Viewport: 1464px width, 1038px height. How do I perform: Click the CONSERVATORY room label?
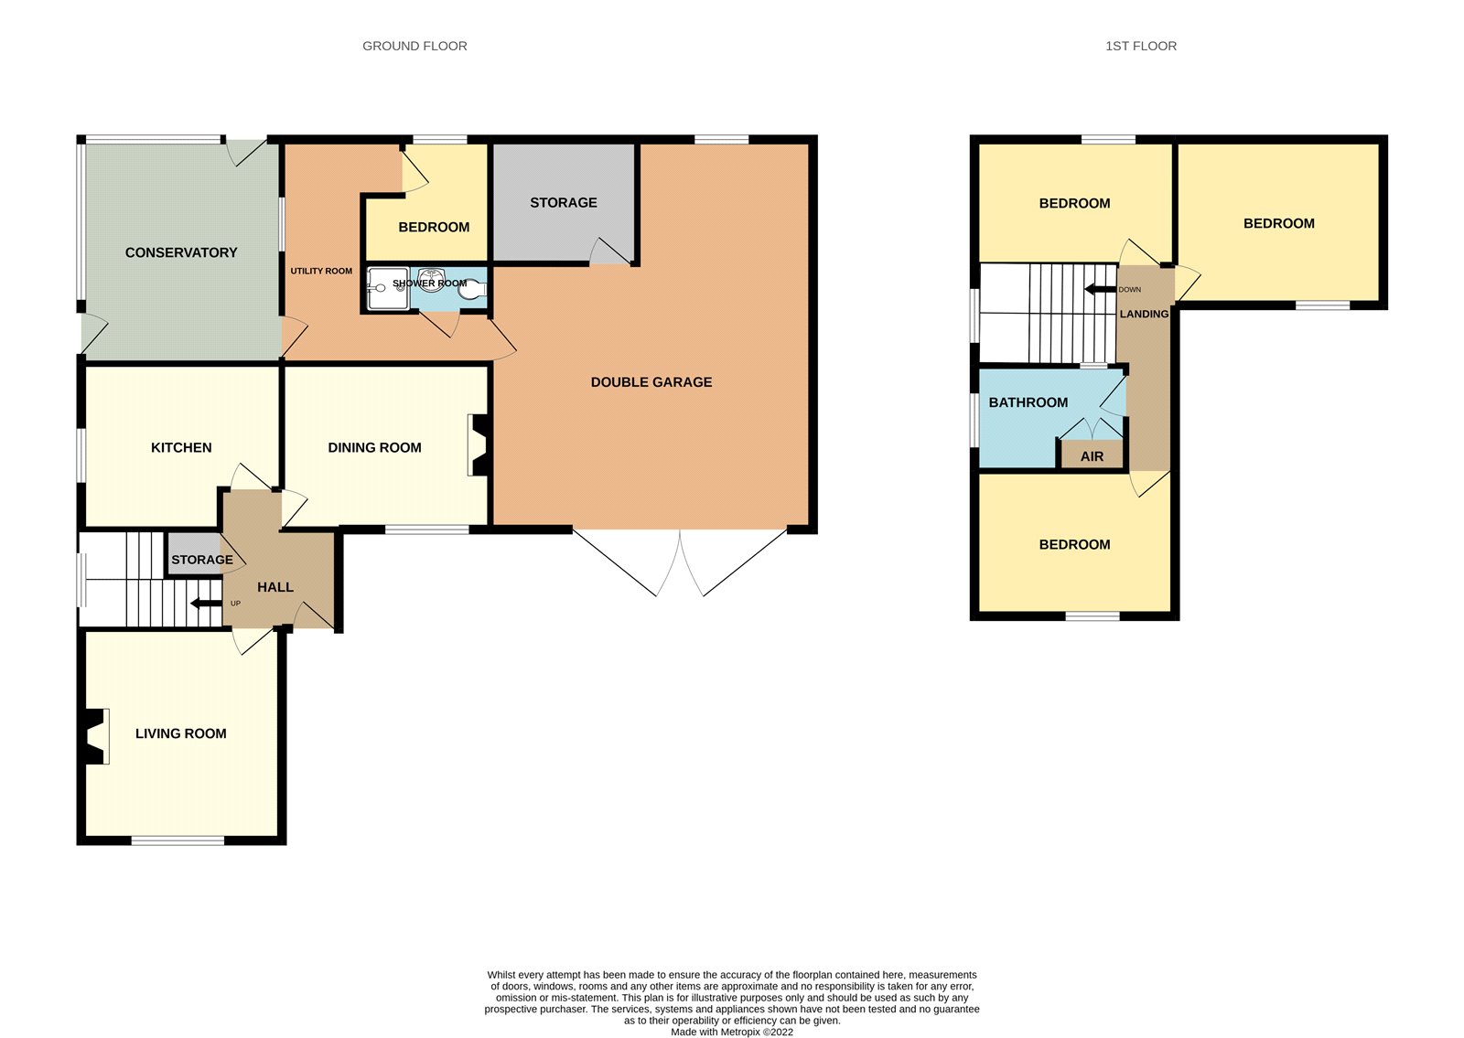[x=180, y=252]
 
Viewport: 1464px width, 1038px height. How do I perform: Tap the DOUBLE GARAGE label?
[x=651, y=382]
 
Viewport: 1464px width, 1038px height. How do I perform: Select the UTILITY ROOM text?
[x=321, y=271]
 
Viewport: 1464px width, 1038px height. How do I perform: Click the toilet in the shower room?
[x=475, y=290]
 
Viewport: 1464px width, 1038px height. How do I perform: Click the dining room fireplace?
[x=478, y=445]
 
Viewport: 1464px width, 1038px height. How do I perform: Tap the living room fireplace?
[x=95, y=736]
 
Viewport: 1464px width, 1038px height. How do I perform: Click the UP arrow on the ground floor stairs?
[x=205, y=603]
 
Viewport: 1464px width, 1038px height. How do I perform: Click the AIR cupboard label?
[x=1092, y=456]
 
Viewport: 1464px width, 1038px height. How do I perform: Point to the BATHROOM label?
[x=1028, y=402]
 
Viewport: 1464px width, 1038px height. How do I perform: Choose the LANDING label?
[x=1144, y=314]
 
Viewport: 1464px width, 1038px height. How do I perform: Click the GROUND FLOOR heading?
[x=414, y=46]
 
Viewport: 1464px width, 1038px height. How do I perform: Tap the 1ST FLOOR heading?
[x=1140, y=46]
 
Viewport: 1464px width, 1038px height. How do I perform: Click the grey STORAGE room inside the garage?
[x=563, y=203]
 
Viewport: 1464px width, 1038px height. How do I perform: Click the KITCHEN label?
[x=181, y=447]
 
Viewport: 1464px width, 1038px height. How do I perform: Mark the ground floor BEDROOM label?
[x=434, y=227]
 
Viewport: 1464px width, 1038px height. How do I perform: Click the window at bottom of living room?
[x=178, y=840]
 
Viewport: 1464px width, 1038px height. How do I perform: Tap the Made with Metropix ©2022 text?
[x=731, y=1032]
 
